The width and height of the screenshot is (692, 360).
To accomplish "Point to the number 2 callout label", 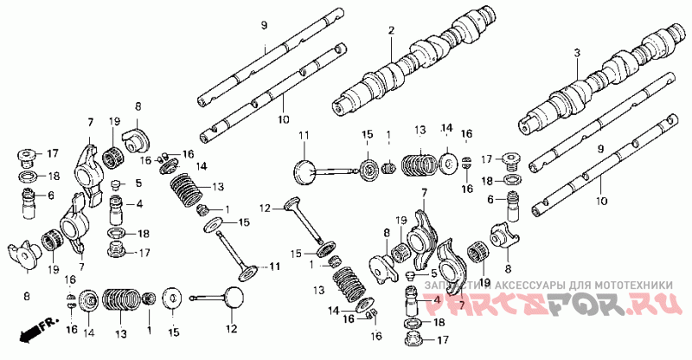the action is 391,30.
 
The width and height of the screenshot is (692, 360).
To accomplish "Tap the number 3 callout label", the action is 576,53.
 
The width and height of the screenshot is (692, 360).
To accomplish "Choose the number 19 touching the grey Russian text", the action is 484,282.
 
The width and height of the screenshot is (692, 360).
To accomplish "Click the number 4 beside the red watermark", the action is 436,299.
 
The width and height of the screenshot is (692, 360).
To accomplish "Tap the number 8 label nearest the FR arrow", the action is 26,297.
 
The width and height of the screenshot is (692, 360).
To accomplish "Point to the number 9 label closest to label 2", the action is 264,27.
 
